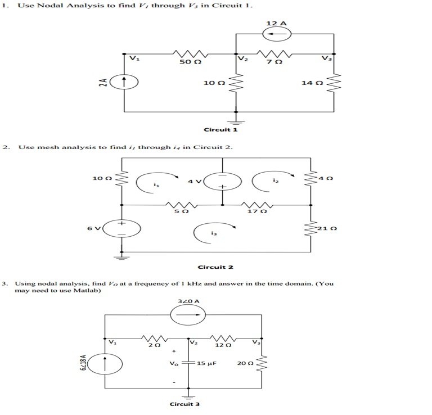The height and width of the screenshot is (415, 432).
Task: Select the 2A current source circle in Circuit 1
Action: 123,82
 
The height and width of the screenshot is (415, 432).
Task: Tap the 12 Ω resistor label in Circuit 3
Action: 224,345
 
